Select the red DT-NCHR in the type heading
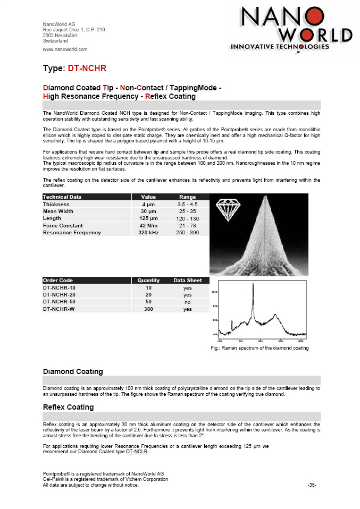[x=88, y=69]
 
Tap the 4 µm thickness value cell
[x=148, y=205]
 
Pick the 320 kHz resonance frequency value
[x=148, y=233]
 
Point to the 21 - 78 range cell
[x=187, y=226]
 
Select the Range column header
[x=187, y=197]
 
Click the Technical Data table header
[x=63, y=197]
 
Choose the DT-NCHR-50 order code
[x=59, y=302]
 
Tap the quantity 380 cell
[x=148, y=309]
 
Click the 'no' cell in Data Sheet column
[x=187, y=302]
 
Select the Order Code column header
[x=58, y=281]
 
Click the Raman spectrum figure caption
[x=259, y=348]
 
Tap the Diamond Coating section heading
[x=73, y=371]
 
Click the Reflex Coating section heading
[x=68, y=407]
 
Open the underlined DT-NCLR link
[x=137, y=452]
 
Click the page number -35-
[x=312, y=485]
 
